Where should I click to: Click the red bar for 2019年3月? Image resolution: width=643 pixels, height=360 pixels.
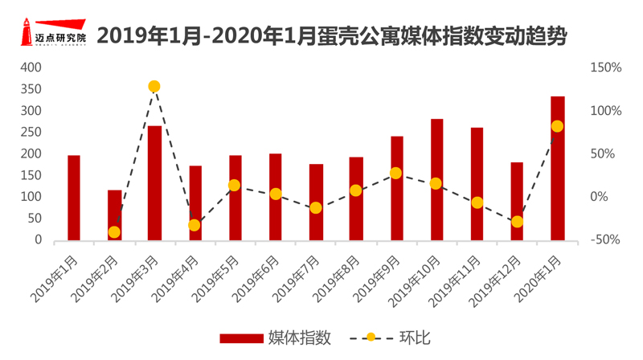pyautogui.click(x=154, y=183)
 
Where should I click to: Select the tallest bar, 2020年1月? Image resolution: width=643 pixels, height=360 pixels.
pyautogui.click(x=557, y=168)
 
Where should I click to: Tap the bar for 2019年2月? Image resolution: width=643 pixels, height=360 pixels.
pyautogui.click(x=114, y=215)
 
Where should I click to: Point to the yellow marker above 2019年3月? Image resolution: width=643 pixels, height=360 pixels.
pyautogui.click(x=154, y=86)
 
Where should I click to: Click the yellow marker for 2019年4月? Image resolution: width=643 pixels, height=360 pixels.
pyautogui.click(x=194, y=225)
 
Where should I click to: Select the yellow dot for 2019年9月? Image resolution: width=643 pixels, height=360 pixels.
pyautogui.click(x=395, y=173)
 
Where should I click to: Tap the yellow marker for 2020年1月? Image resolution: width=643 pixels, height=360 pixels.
pyautogui.click(x=557, y=126)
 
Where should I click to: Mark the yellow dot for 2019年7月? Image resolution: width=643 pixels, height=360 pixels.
pyautogui.click(x=315, y=207)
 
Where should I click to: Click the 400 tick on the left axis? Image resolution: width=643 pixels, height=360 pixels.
pyautogui.click(x=31, y=67)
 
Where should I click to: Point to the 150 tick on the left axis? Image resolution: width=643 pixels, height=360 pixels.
pyautogui.click(x=31, y=175)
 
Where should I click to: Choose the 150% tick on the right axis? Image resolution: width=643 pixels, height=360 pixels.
pyautogui.click(x=604, y=67)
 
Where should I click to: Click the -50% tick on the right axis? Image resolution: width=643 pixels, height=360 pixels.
pyautogui.click(x=604, y=239)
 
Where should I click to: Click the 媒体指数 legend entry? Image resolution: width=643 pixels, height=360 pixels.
pyautogui.click(x=273, y=337)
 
